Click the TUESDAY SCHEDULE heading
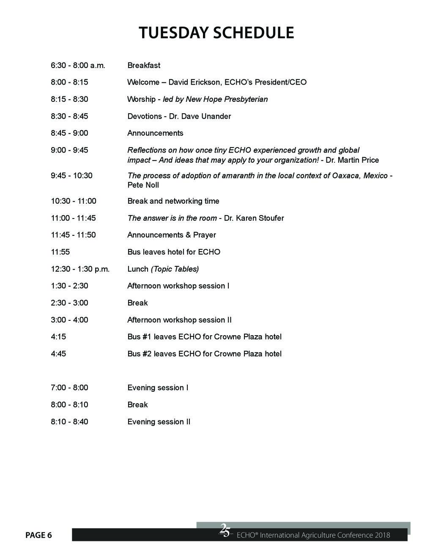pyautogui.click(x=216, y=33)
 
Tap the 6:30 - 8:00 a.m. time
pyautogui.click(x=78, y=66)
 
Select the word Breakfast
pyautogui.click(x=144, y=66)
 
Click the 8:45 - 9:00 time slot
pyautogui.click(x=69, y=133)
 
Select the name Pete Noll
pyautogui.click(x=143, y=185)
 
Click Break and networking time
pyautogui.click(x=173, y=201)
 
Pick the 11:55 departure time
pyautogui.click(x=60, y=252)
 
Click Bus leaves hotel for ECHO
pyautogui.click(x=174, y=252)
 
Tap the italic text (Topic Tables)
pyautogui.click(x=175, y=269)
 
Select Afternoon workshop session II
pyautogui.click(x=179, y=320)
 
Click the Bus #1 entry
pyautogui.click(x=204, y=337)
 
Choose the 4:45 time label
pyautogui.click(x=58, y=354)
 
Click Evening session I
pyautogui.click(x=158, y=388)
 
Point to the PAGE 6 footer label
pyautogui.click(x=38, y=535)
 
